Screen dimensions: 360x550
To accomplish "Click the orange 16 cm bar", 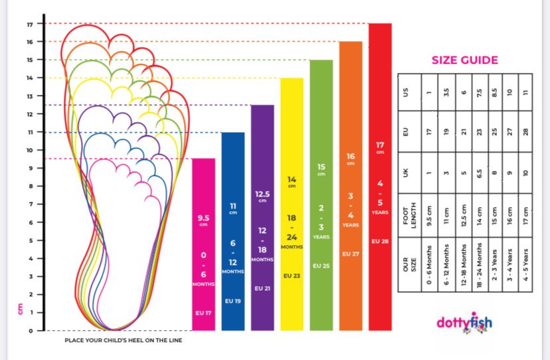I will [x=351, y=185].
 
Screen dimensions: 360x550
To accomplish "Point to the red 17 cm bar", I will [x=380, y=177].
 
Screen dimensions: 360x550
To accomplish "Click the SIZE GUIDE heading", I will [x=464, y=60].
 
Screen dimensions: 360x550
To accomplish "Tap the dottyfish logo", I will [x=465, y=323].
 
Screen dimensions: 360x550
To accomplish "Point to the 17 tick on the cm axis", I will [x=30, y=24].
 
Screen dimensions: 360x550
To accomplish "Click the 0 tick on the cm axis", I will [x=30, y=330].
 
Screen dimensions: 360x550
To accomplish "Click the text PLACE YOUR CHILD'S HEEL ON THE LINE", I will [x=124, y=340].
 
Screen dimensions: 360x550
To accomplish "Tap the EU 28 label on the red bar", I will [x=380, y=241].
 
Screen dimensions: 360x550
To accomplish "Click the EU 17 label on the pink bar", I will [x=203, y=312].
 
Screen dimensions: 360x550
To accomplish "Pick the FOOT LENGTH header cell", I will [x=408, y=220].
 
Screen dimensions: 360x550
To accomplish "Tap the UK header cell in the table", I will [x=408, y=173].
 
